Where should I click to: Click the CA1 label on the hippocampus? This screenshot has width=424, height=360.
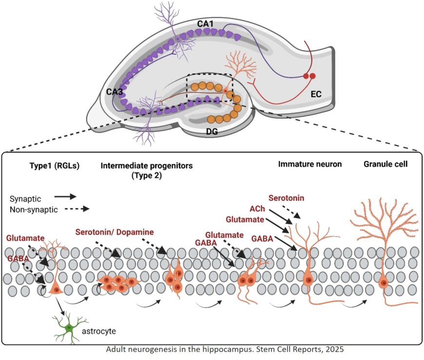click(x=205, y=23)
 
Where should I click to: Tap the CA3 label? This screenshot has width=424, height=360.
click(x=115, y=91)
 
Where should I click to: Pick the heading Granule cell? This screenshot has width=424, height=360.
click(x=385, y=164)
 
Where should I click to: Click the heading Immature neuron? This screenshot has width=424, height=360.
click(x=309, y=164)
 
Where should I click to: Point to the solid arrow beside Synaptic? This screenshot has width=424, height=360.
click(x=65, y=197)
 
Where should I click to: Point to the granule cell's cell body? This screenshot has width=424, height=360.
click(x=385, y=282)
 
